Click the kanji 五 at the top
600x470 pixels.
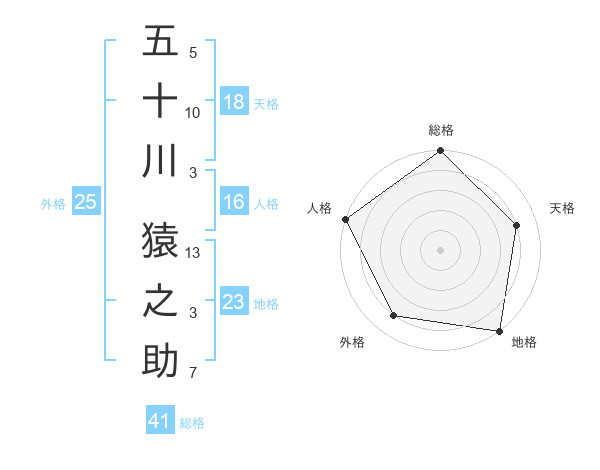(160, 42)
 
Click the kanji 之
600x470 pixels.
(160, 300)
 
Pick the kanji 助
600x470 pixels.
(160, 360)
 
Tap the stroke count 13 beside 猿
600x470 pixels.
(194, 253)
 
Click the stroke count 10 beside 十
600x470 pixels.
(193, 112)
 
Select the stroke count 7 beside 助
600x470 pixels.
(193, 375)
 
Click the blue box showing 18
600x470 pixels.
(234, 102)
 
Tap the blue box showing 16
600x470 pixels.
(234, 203)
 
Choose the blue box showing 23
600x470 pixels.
(234, 302)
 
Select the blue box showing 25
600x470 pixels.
(85, 203)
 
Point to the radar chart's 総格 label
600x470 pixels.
(441, 130)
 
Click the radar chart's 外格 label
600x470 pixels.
(352, 343)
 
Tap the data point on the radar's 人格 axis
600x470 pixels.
(346, 219)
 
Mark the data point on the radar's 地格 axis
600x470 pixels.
(499, 330)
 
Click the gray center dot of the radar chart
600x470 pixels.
(441, 250)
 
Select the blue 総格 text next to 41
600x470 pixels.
(192, 423)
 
